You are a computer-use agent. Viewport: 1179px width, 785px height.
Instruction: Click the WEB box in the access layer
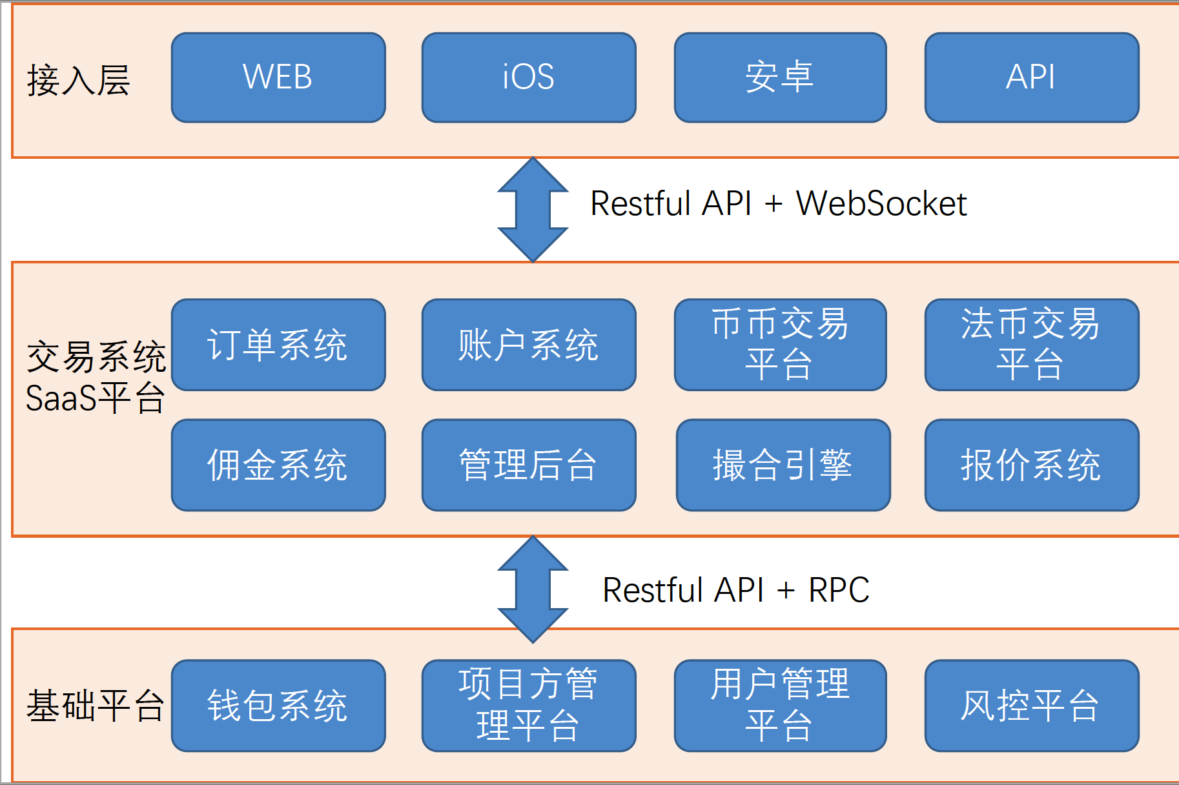(278, 77)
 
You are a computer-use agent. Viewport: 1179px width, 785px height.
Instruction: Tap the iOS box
(529, 77)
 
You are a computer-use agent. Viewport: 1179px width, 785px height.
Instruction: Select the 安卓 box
(780, 77)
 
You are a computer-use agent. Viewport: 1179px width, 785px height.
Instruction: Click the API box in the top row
(1031, 77)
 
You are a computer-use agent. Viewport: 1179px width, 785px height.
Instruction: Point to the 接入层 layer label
(78, 81)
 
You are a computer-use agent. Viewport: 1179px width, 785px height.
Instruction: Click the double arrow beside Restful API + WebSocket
(533, 209)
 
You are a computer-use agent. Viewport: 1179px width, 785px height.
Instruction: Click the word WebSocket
(881, 204)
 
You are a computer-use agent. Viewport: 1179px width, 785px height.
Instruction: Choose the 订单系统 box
(278, 345)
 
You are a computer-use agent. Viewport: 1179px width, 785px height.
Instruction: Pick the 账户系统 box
(529, 345)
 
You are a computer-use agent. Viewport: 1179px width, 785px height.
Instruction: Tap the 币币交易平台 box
(780, 345)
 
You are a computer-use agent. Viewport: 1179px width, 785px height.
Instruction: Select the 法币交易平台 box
(1031, 345)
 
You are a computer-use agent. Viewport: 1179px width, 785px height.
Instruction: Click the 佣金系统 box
(278, 465)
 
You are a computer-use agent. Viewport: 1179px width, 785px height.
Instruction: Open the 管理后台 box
(529, 465)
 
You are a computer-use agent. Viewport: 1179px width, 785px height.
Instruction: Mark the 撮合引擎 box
(783, 465)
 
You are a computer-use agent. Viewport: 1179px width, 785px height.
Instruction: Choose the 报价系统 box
(1031, 465)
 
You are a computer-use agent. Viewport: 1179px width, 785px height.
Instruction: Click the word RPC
(839, 590)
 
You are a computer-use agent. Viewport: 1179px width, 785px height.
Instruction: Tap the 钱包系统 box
(278, 706)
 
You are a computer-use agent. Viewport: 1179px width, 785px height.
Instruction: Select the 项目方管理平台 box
(529, 706)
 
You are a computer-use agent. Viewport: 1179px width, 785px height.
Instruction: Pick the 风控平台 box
(1031, 706)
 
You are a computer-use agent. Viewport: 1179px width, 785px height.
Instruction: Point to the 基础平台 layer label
(95, 705)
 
